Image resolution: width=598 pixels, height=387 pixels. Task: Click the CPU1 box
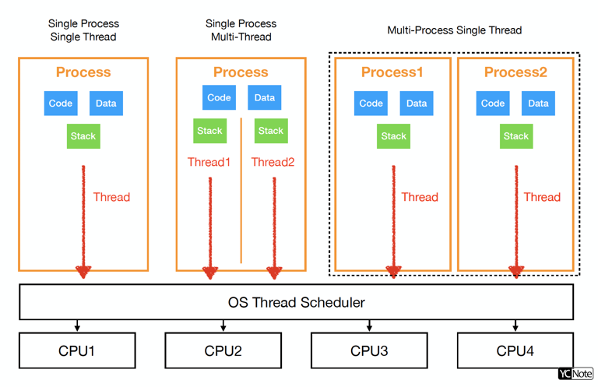click(77, 350)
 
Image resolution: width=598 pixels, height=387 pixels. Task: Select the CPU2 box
click(223, 350)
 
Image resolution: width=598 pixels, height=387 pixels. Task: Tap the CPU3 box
click(369, 350)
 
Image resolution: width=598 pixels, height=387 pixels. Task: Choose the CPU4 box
click(515, 350)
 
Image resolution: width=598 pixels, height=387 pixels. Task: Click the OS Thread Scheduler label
click(296, 301)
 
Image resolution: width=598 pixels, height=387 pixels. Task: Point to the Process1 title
click(392, 72)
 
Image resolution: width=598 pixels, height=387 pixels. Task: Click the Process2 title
click(515, 72)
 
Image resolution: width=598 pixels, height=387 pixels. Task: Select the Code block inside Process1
click(371, 104)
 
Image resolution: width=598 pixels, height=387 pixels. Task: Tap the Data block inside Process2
click(538, 104)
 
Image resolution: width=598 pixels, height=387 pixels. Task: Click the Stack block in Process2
click(515, 136)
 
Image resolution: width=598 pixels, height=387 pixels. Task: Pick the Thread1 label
click(209, 163)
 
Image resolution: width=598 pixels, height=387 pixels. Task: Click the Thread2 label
click(273, 163)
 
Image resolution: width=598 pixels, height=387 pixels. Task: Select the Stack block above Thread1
click(209, 131)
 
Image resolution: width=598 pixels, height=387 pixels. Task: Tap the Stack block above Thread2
click(271, 131)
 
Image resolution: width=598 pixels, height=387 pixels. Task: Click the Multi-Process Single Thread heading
click(454, 30)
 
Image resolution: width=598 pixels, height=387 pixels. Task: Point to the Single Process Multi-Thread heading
click(241, 30)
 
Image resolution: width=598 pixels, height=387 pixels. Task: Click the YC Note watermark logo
click(575, 375)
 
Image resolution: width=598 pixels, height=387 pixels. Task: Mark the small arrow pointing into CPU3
click(369, 325)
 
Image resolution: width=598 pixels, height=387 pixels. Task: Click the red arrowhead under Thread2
click(274, 272)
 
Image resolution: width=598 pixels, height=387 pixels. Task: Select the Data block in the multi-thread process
click(265, 98)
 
